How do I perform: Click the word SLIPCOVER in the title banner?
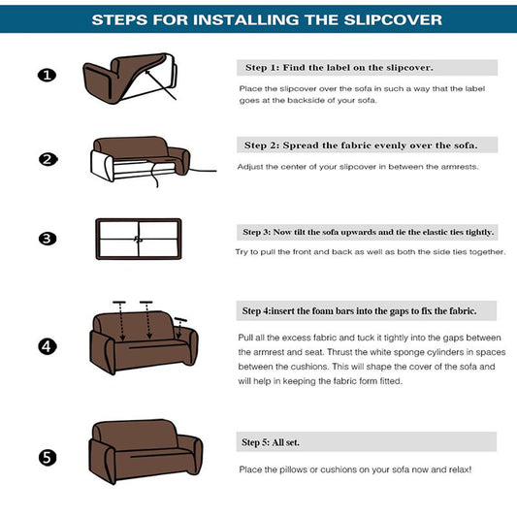pos(386,19)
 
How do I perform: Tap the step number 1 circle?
pos(47,76)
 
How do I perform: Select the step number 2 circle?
pos(47,160)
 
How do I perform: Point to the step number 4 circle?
pos(47,346)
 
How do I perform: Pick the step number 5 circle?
pos(47,457)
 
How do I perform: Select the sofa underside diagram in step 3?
pos(138,239)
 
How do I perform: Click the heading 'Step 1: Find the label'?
pos(338,68)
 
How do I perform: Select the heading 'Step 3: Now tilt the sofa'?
pos(368,233)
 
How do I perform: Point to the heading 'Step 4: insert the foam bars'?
pos(368,310)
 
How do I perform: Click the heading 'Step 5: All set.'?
pos(272,443)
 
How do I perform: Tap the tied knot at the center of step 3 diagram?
pos(138,239)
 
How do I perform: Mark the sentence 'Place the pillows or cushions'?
pos(355,469)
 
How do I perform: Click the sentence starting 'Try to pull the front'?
pos(371,252)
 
